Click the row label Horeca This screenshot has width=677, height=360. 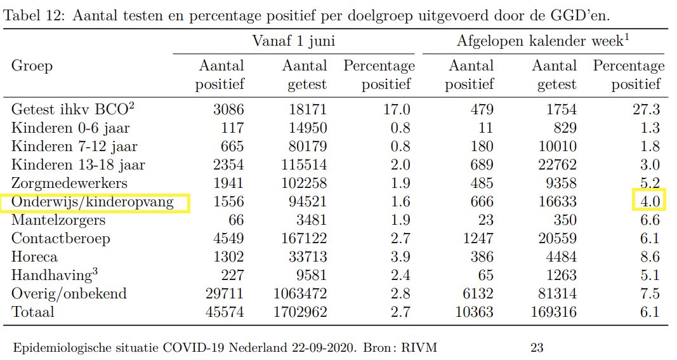click(34, 257)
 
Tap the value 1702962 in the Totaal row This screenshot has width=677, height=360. click(299, 312)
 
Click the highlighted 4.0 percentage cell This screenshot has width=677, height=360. click(648, 202)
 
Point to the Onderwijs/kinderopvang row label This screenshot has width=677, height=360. click(95, 202)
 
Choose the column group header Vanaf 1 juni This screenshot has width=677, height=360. click(294, 42)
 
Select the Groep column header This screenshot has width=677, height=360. click(32, 66)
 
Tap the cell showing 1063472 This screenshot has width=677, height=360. click(299, 294)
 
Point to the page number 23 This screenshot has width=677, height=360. click(537, 347)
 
